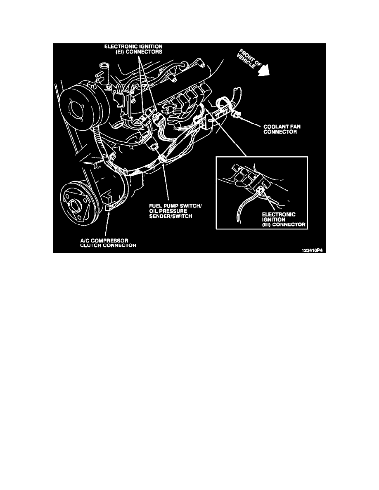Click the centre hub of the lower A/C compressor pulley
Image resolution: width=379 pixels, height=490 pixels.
(x=76, y=205)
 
